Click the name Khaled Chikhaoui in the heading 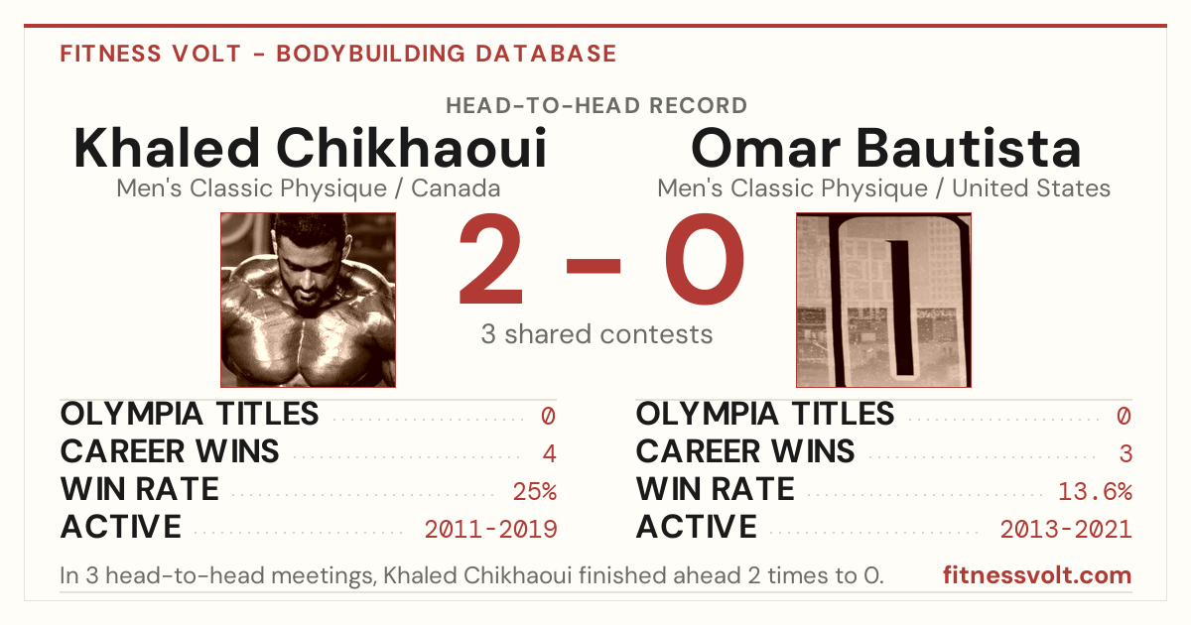pos(311,148)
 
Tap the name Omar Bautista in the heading pos(885,148)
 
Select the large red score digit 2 pos(490,259)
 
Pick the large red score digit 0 pos(705,259)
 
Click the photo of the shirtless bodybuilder pos(309,301)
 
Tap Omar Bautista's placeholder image pos(883,301)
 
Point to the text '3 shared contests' pos(596,334)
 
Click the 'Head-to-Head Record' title pos(596,106)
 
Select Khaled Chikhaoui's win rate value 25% pos(534,491)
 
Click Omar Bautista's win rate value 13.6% pos(1095,491)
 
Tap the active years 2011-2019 pos(490,530)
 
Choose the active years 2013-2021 pos(1066,530)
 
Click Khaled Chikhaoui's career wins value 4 pos(549,453)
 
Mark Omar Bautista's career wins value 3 pos(1125,453)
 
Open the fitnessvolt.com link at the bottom pos(1037,575)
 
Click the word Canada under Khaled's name pos(456,188)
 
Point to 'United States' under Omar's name pos(1031,188)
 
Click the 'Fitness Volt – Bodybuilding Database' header pos(338,54)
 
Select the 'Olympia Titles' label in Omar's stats pos(765,414)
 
